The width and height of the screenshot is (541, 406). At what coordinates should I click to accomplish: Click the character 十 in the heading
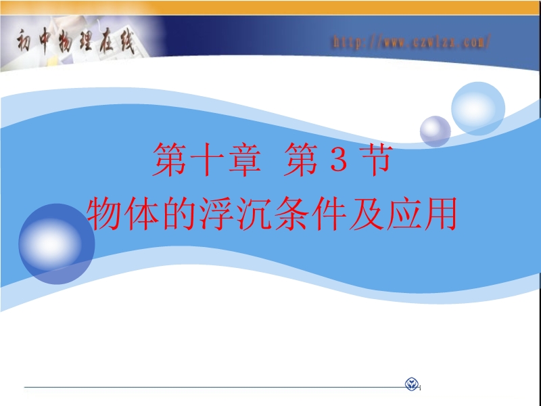(206, 160)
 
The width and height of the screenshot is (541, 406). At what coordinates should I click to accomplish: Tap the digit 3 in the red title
(338, 159)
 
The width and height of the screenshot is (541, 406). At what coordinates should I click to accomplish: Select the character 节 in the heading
(375, 160)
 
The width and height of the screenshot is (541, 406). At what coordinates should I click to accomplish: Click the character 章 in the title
(244, 160)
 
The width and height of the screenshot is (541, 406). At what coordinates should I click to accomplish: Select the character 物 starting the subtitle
(105, 214)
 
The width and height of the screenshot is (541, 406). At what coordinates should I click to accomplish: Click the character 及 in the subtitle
(367, 214)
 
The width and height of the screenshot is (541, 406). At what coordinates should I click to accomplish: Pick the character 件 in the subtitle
(329, 214)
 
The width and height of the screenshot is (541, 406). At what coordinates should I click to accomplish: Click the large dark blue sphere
(57, 244)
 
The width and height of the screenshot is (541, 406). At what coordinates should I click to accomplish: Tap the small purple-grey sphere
(435, 131)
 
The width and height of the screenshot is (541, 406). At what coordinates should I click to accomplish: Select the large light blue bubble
(478, 109)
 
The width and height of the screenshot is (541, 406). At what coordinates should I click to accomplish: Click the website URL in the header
(412, 42)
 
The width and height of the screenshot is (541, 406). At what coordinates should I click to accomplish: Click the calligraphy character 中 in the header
(45, 41)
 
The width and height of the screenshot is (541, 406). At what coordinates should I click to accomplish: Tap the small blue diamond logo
(412, 384)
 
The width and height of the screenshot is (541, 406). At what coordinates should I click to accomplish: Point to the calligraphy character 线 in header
(126, 41)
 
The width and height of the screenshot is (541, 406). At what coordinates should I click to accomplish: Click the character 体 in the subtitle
(142, 214)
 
